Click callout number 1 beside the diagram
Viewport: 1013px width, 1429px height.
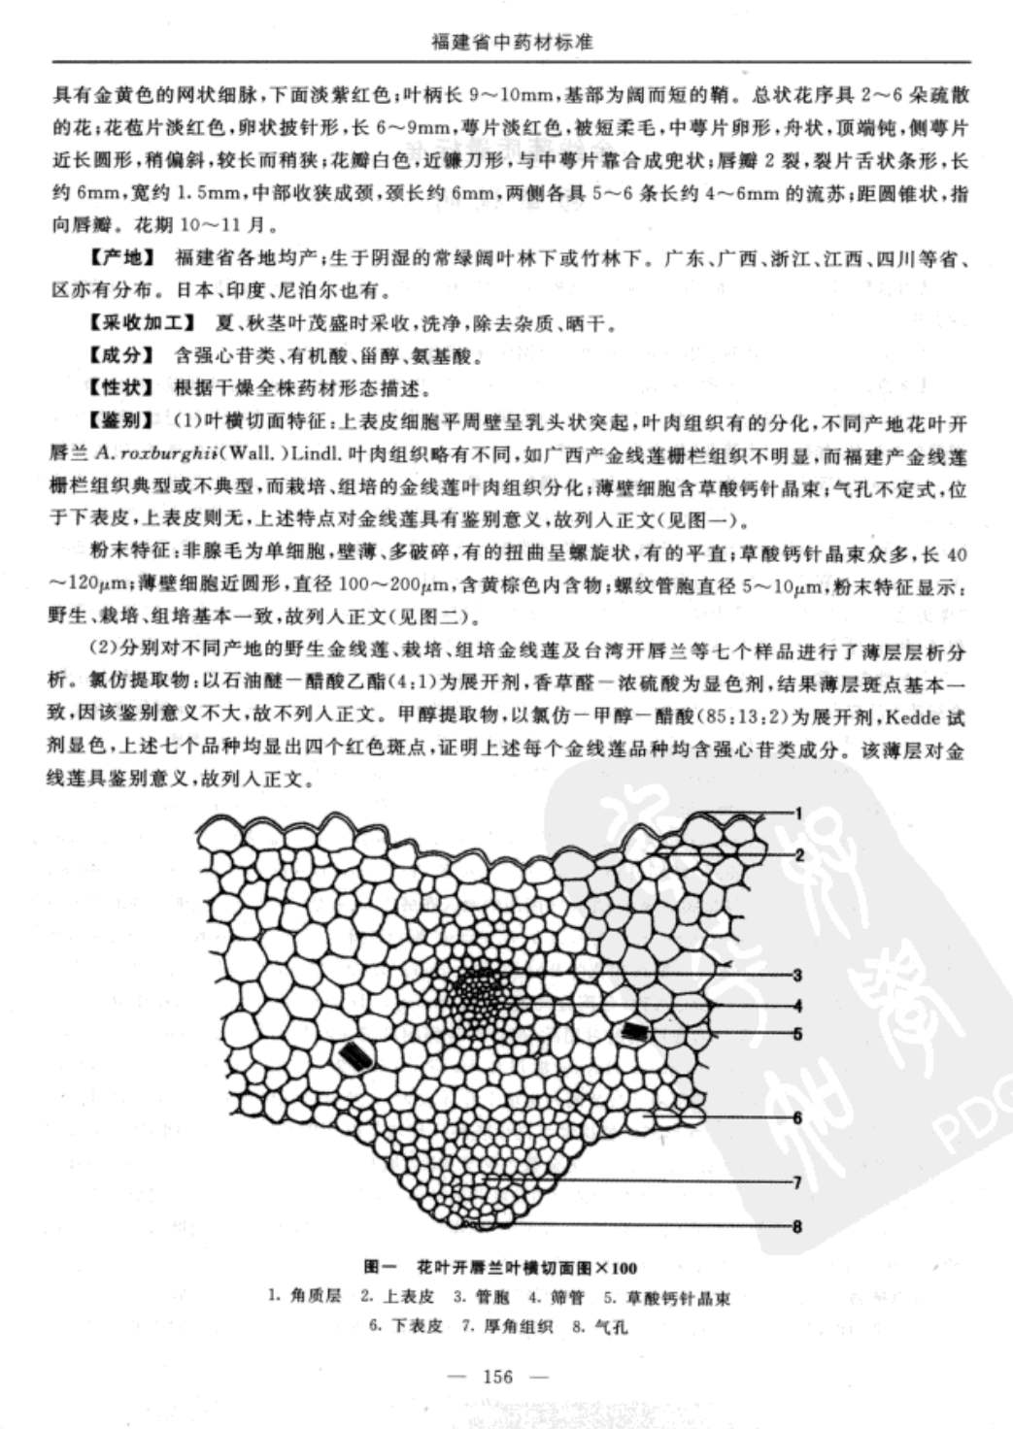pos(797,814)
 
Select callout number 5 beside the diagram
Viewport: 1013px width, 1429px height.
pos(797,1034)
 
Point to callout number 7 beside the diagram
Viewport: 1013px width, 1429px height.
pos(797,1182)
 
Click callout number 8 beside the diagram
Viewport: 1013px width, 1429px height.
pos(797,1226)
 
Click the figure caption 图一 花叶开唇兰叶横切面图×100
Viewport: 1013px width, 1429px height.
pos(500,1267)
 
